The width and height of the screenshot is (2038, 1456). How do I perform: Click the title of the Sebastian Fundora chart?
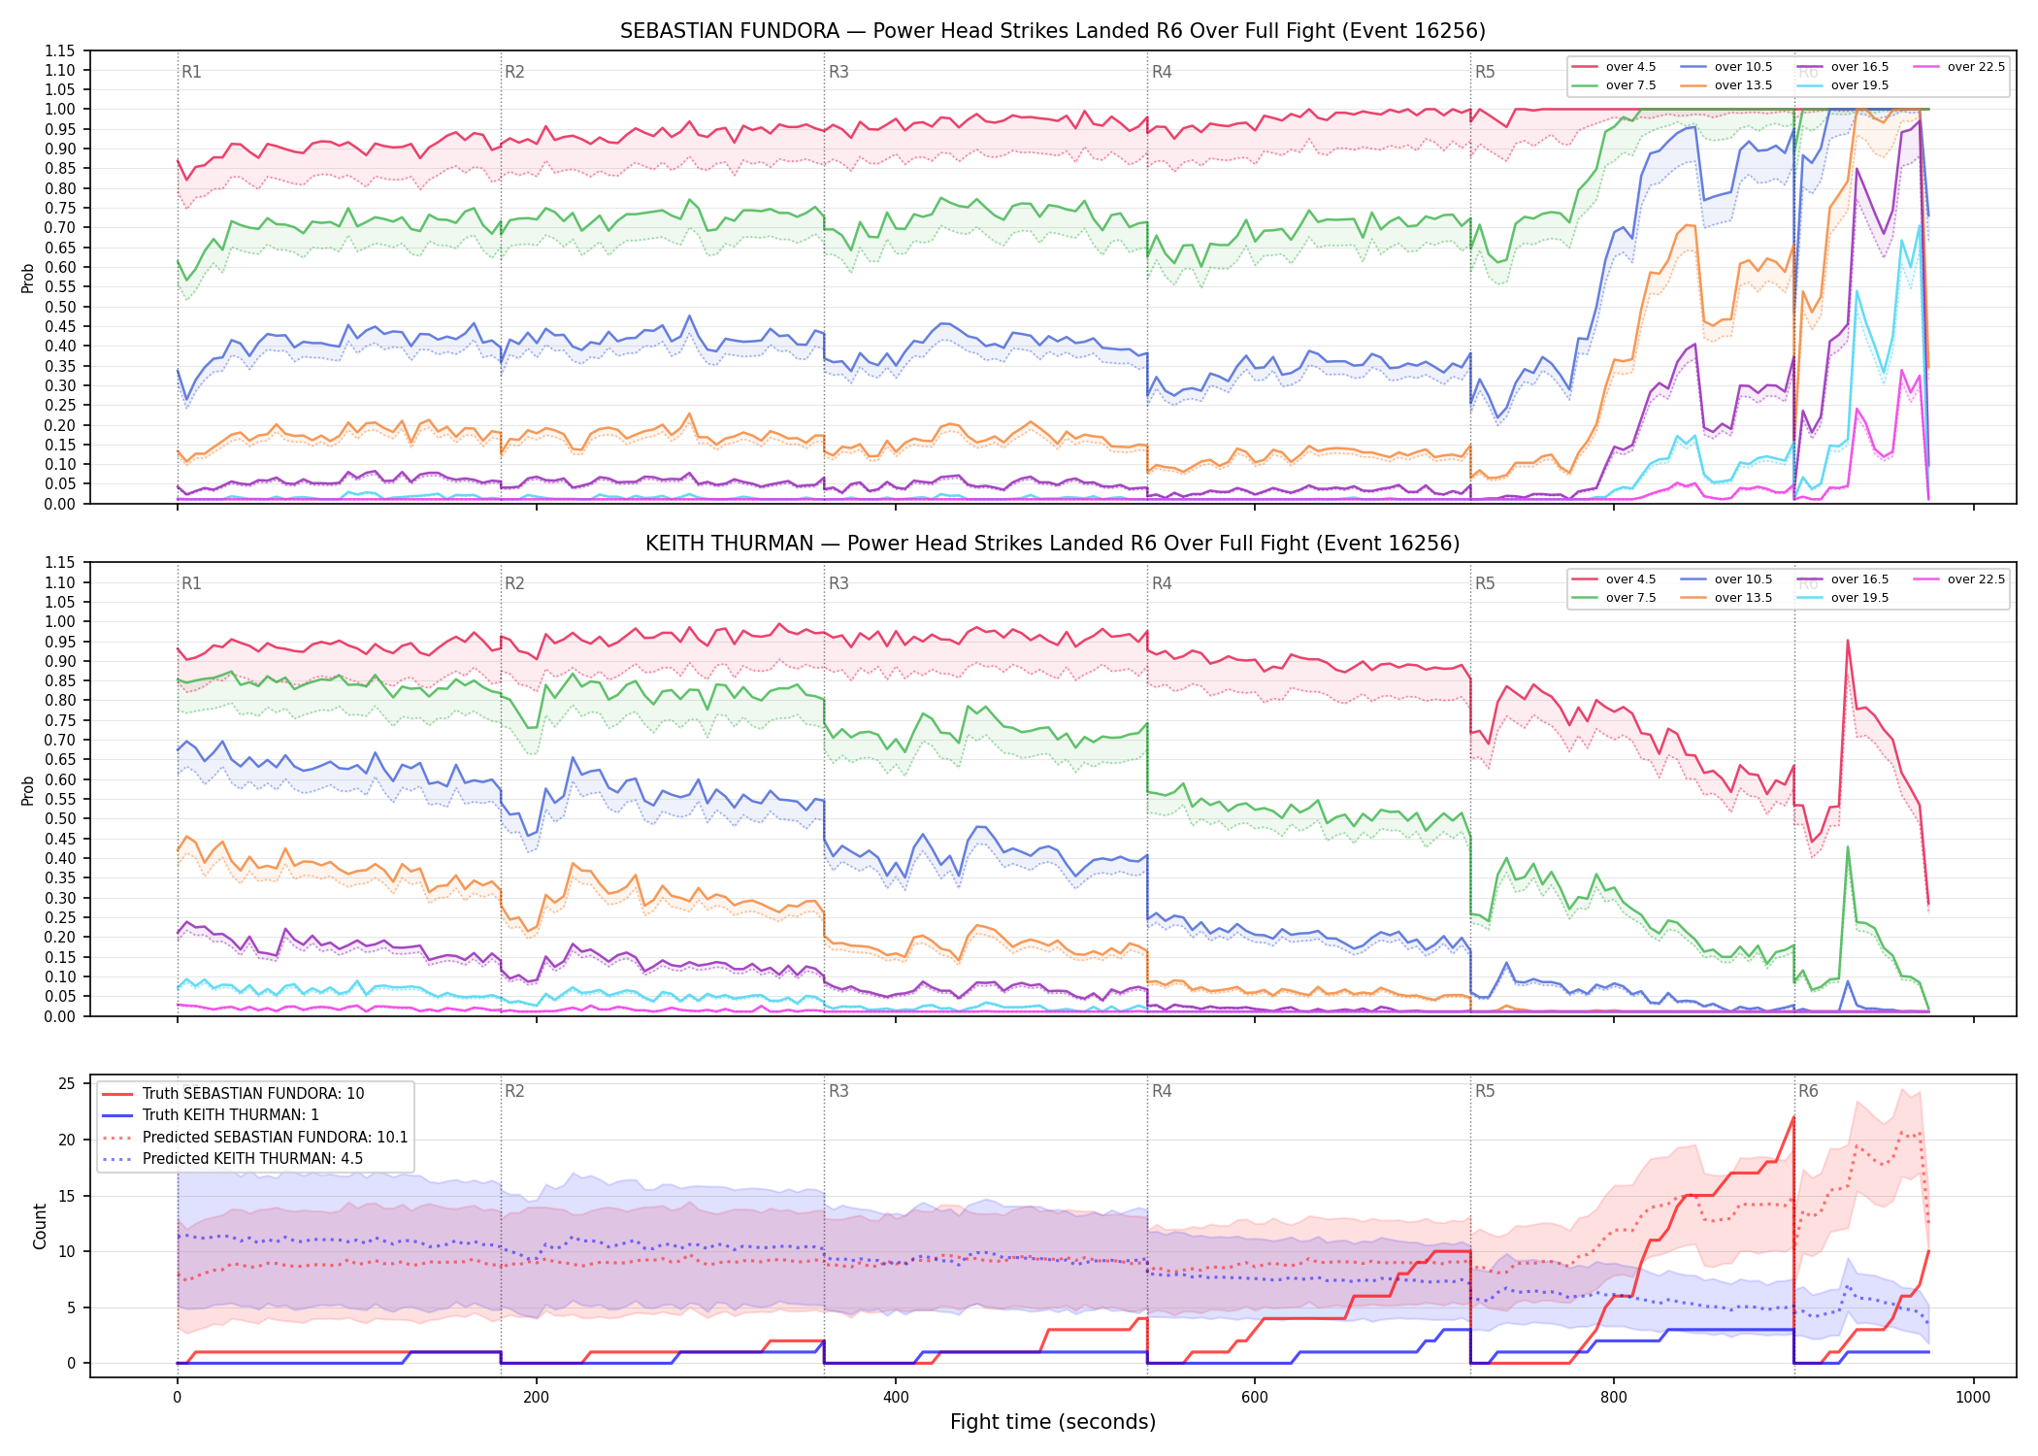point(1053,31)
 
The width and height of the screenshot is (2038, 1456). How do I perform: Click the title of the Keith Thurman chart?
point(1053,544)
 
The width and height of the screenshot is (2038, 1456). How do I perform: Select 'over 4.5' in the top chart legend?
point(1630,67)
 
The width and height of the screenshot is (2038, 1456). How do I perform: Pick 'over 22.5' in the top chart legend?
point(1976,67)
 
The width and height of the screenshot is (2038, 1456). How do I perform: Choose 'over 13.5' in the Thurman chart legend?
point(1743,598)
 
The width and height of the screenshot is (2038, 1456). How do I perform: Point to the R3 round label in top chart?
point(838,72)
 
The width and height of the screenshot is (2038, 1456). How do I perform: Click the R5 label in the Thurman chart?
point(1485,583)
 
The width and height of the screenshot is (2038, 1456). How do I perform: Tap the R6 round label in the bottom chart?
point(1808,1091)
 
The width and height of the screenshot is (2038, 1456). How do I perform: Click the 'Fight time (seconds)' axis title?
point(1053,1422)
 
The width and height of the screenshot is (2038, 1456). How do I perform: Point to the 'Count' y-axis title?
point(40,1226)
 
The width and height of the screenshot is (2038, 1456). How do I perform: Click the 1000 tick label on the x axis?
point(1973,1398)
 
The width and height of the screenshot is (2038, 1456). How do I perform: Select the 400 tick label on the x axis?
point(895,1398)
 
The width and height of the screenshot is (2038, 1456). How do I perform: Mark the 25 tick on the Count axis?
point(67,1084)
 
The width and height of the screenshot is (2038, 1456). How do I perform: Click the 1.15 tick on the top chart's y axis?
point(59,50)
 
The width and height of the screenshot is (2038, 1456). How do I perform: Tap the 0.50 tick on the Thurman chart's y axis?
point(59,818)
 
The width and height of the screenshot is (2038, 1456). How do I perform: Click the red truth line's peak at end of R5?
point(1793,1117)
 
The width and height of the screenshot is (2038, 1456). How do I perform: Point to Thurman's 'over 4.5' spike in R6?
point(1847,641)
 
